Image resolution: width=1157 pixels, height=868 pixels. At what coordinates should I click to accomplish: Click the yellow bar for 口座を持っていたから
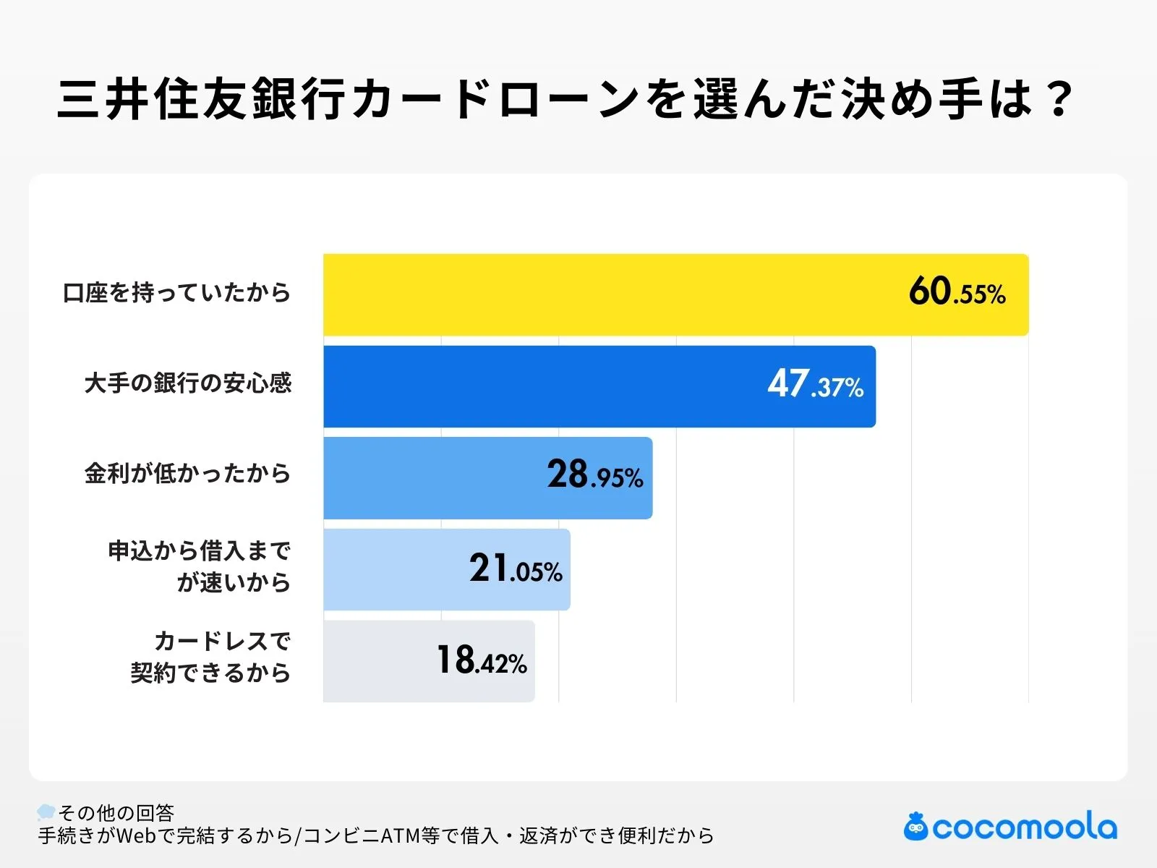click(607, 294)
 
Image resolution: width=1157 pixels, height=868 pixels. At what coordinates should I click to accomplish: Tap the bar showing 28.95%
click(434, 477)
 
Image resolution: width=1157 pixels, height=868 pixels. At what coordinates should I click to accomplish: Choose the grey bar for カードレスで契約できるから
click(376, 660)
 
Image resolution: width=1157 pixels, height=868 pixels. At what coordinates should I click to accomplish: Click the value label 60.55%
click(957, 292)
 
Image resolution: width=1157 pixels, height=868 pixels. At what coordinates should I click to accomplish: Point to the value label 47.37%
click(815, 384)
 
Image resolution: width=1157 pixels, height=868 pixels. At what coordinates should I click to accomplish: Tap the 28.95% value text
click(594, 475)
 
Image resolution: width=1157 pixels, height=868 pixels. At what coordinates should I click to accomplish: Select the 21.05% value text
click(515, 569)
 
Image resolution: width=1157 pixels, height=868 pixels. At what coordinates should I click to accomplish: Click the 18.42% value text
click(481, 660)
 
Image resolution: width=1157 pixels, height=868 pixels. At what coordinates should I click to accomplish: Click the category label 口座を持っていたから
click(176, 293)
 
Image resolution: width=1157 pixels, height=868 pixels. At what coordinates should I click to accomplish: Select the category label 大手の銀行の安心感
click(187, 383)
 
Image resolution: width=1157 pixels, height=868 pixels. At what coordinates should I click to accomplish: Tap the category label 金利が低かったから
click(187, 474)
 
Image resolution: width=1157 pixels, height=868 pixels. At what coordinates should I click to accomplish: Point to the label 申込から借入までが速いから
click(199, 566)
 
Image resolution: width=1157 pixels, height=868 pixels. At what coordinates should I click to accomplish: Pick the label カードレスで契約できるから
click(210, 657)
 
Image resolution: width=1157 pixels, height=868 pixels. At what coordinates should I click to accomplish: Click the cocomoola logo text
click(1024, 827)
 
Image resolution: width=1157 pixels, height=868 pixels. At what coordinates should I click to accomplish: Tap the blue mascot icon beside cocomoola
click(915, 826)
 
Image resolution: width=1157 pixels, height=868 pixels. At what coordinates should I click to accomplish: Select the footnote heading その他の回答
click(116, 813)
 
